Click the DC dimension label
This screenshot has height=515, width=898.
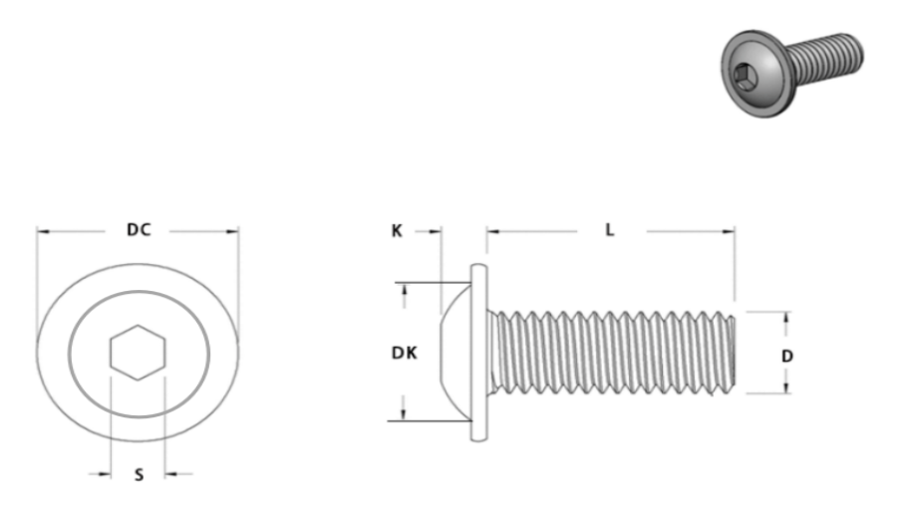coord(139,230)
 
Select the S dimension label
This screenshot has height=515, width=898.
coord(139,475)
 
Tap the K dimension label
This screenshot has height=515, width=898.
coord(397,231)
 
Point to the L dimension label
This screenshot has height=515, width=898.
coord(610,230)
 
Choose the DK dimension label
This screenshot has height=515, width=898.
coord(405,353)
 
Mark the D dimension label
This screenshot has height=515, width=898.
coord(787,357)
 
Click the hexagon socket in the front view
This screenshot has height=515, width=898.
coord(138,353)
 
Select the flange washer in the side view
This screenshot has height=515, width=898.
coord(479,353)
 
